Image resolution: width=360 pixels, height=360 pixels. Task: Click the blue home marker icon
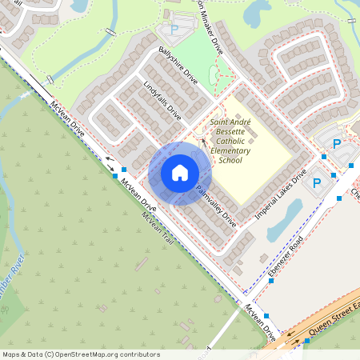180,173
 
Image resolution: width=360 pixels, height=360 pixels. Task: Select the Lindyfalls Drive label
162,101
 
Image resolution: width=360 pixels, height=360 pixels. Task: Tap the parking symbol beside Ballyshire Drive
174,30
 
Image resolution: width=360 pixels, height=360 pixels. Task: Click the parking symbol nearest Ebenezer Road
317,183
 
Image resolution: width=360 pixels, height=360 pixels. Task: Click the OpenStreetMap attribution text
80,354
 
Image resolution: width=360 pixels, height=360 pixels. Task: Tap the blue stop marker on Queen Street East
306,341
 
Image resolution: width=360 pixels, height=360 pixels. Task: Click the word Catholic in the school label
230,142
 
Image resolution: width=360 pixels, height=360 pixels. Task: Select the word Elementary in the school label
230,150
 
